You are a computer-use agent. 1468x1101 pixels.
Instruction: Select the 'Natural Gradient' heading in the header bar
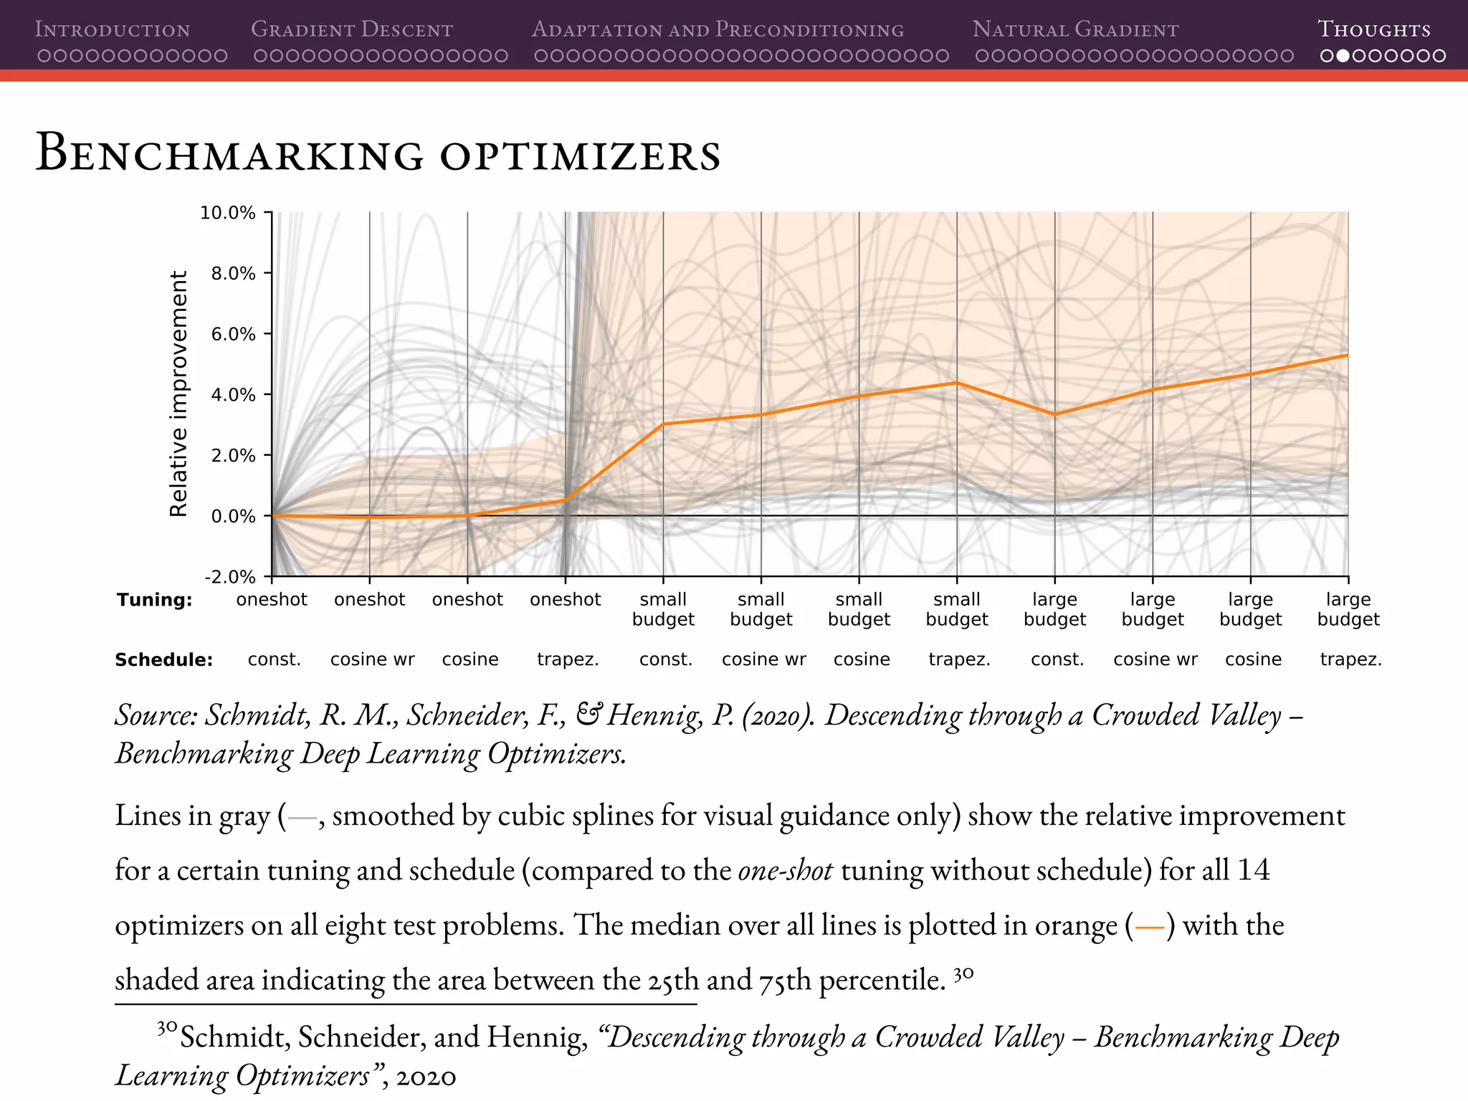click(1075, 29)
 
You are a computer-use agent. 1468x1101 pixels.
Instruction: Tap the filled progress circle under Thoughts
click(1343, 55)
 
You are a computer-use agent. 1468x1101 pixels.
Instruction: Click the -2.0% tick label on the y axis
click(229, 577)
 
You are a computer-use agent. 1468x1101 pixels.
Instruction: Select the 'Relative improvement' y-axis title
click(178, 394)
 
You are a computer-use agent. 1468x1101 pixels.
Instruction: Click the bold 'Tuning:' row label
click(155, 600)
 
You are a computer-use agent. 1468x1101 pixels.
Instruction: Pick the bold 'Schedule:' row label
click(163, 660)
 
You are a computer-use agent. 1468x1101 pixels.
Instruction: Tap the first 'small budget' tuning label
click(663, 609)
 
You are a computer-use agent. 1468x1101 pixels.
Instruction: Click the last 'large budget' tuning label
click(1348, 609)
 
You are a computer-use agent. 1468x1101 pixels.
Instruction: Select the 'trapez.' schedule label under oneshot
click(567, 659)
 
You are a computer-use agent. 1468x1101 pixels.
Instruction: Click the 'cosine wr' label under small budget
click(763, 659)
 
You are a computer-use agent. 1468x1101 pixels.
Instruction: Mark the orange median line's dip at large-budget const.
click(1054, 414)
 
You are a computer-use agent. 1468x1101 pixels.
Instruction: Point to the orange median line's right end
click(1347, 356)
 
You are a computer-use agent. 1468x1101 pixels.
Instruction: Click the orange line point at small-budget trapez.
click(957, 383)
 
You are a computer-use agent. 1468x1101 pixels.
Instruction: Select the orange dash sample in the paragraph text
click(1150, 927)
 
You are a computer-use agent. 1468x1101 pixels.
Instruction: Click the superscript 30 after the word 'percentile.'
click(963, 974)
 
